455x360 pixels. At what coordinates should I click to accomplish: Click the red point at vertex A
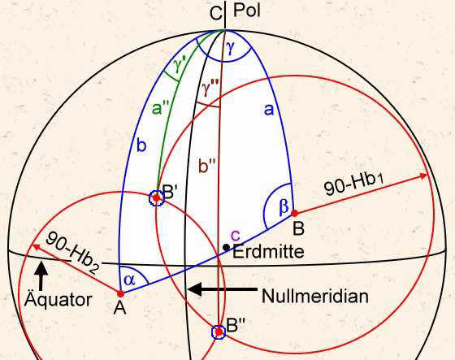click(x=120, y=294)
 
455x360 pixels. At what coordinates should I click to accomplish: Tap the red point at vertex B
click(x=294, y=214)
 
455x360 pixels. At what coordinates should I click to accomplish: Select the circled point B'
click(x=156, y=198)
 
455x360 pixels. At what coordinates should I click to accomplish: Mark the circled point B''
click(x=219, y=332)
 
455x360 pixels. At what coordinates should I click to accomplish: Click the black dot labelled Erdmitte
click(x=226, y=247)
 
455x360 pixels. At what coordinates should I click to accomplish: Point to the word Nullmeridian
click(x=315, y=297)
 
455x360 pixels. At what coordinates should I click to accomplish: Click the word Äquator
click(x=58, y=299)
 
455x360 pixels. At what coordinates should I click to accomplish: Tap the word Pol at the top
click(x=247, y=11)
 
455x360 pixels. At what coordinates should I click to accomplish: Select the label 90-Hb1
click(x=353, y=184)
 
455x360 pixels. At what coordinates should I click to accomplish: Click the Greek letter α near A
click(x=129, y=280)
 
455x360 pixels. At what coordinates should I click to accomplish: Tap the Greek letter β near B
click(x=284, y=206)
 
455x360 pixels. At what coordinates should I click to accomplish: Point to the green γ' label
click(x=181, y=66)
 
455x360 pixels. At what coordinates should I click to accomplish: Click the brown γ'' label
click(x=210, y=89)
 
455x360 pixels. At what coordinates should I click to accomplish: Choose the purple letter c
click(x=236, y=235)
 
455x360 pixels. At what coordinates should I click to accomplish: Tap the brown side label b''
click(x=207, y=166)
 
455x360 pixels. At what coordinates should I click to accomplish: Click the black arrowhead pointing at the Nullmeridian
click(x=195, y=289)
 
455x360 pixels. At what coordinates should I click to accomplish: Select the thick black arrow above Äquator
click(x=41, y=275)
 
